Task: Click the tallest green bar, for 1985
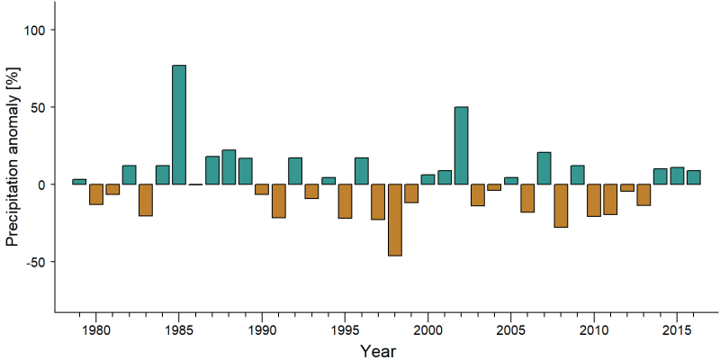(179, 125)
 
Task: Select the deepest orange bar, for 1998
(395, 220)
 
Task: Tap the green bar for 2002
(461, 146)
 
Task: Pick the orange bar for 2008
(561, 206)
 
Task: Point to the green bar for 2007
(544, 168)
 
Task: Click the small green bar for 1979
(79, 182)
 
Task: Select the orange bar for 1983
(146, 200)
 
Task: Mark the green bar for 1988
(229, 167)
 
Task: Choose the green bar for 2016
(693, 177)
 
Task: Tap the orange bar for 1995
(345, 201)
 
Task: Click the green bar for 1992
(295, 171)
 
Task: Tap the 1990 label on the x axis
(262, 330)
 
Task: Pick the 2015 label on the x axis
(677, 330)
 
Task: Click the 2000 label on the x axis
(428, 330)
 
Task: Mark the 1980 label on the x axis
(95, 330)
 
